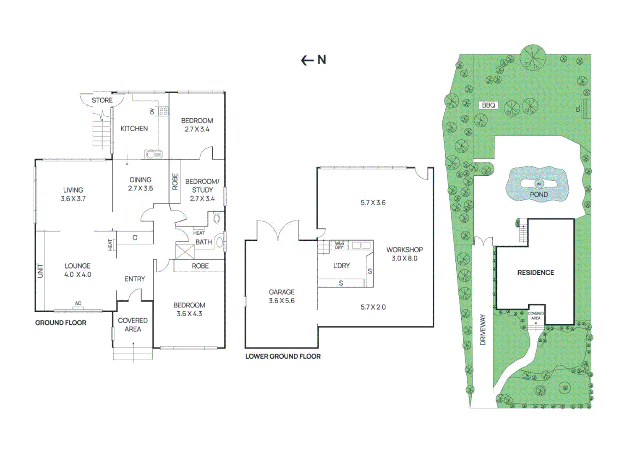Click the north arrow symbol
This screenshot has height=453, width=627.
[x=307, y=60]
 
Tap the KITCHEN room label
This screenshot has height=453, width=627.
[x=134, y=129]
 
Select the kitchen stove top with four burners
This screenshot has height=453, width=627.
[x=163, y=111]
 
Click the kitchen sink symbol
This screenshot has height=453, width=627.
[x=154, y=154]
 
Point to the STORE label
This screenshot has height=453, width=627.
[x=102, y=100]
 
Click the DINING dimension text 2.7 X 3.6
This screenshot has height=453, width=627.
[x=140, y=189]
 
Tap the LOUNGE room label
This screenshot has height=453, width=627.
[x=78, y=266]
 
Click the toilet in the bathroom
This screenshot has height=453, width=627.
[x=217, y=218]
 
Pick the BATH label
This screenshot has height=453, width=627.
[x=204, y=242]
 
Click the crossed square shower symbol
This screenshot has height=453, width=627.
[x=185, y=251]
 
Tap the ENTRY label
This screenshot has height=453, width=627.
[x=135, y=279]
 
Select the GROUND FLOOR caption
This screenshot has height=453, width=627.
[x=61, y=323]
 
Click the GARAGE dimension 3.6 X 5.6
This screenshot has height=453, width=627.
[x=282, y=301]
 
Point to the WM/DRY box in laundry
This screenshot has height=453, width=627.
[x=339, y=245]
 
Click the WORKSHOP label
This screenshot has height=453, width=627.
[x=405, y=250]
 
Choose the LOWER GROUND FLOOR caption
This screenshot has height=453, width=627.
[x=283, y=356]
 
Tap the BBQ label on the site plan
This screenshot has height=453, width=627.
[x=489, y=105]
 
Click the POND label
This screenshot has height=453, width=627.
[x=539, y=195]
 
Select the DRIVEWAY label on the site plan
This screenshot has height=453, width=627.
[x=483, y=330]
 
